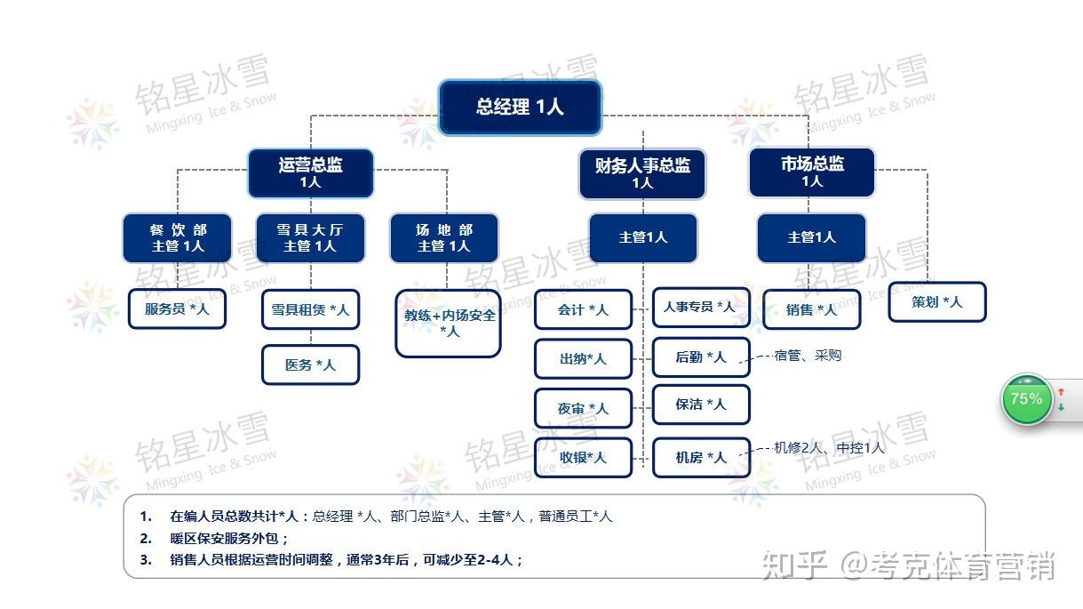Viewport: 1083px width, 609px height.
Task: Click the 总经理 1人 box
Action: coord(521,107)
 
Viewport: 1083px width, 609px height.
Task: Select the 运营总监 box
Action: coord(310,173)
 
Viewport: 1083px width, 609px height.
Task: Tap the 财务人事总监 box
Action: coord(642,174)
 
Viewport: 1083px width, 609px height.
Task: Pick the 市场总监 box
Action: coord(812,172)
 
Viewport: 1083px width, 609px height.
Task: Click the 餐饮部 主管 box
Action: coord(178,238)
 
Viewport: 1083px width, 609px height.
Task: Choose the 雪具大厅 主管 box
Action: coord(310,238)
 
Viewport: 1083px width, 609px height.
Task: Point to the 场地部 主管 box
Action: coord(444,238)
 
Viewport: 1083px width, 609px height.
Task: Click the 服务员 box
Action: coord(177,309)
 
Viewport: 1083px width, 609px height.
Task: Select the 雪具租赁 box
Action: coord(310,309)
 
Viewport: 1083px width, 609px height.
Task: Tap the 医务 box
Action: coord(310,365)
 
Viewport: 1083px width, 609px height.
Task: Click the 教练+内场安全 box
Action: coord(448,324)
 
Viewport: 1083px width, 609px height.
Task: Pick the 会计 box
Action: coord(583,309)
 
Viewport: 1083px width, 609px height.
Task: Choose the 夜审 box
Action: coord(583,408)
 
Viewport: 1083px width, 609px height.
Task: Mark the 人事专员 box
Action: coord(701,307)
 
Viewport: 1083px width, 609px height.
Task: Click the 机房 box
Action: coord(701,458)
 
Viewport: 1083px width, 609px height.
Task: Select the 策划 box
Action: coord(937,302)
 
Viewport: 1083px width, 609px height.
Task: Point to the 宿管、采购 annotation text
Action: coord(808,356)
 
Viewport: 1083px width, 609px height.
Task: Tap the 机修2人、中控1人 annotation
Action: coord(829,448)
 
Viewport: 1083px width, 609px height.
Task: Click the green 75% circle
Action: coord(1026,399)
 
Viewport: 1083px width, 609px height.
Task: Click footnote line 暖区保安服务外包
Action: coord(228,539)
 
